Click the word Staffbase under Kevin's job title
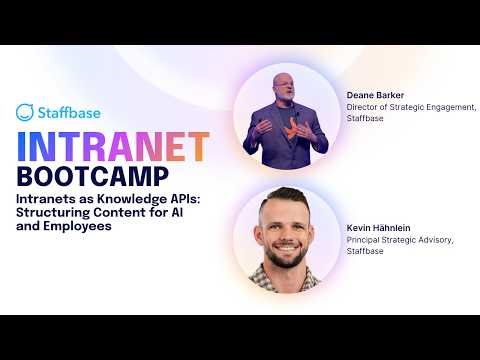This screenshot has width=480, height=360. click(x=366, y=253)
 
